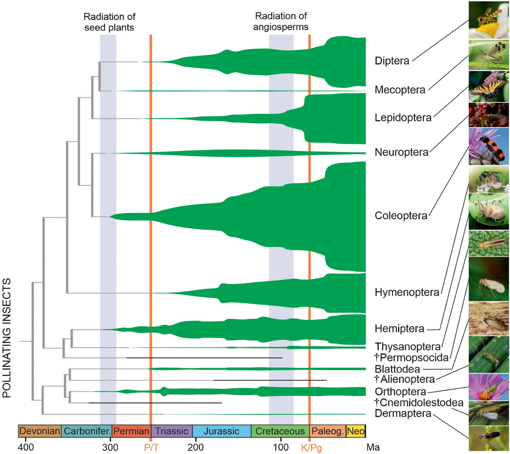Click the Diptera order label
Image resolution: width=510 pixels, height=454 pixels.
(392, 61)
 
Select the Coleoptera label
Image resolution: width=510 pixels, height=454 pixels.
(401, 216)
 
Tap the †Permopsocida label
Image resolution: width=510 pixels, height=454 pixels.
(412, 358)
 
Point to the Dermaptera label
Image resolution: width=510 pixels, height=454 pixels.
(403, 413)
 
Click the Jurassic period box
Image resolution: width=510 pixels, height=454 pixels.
(222, 431)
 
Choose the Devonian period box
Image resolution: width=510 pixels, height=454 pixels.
(40, 431)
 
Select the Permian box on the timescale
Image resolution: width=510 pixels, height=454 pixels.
(131, 431)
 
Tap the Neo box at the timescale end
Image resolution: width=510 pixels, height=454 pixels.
(356, 431)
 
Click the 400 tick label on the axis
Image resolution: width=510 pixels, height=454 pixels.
(25, 447)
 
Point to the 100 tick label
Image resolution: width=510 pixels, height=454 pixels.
(281, 447)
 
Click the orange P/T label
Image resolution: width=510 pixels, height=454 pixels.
(151, 447)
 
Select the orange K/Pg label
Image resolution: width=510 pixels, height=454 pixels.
(311, 448)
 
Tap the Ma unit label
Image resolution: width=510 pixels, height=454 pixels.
(373, 447)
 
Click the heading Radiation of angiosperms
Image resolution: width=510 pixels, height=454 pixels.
(281, 21)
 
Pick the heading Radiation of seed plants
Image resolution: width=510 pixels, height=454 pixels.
(109, 22)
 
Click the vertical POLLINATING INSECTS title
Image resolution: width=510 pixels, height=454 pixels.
(7, 338)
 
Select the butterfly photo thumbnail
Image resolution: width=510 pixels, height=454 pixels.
(489, 86)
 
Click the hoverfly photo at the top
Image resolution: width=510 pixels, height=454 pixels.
(489, 20)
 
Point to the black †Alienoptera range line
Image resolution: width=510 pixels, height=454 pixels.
(270, 380)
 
